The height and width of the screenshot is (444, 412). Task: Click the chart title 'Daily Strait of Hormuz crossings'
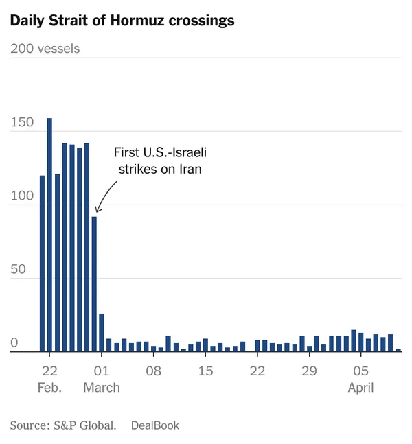coord(122,21)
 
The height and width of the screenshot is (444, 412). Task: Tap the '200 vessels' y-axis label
coord(45,49)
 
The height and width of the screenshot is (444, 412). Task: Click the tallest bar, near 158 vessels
coord(49,233)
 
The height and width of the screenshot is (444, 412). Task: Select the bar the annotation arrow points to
coord(94,284)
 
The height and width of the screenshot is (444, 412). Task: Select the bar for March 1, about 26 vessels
coord(102,333)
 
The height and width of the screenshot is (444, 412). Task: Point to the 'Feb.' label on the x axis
coord(49,388)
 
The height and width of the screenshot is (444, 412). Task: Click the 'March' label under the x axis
coord(102,388)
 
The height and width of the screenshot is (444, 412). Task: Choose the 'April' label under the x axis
coord(360,388)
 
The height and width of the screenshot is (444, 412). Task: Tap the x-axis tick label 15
coord(205,372)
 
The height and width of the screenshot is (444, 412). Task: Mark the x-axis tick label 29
coord(309,372)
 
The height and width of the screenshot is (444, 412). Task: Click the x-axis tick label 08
coord(153,372)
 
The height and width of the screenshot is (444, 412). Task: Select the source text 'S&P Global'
coord(84,425)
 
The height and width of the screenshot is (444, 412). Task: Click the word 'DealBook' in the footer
coord(154,425)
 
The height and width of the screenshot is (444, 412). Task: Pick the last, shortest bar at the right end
coord(398,350)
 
